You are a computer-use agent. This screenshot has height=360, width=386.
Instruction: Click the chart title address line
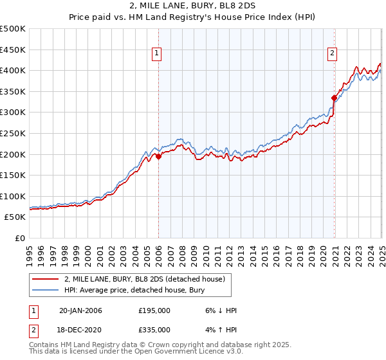click(192, 7)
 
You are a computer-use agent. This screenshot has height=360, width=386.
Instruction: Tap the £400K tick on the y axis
click(14, 70)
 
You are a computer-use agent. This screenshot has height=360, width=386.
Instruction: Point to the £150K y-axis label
click(14, 175)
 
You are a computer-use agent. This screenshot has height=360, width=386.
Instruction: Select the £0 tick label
click(20, 238)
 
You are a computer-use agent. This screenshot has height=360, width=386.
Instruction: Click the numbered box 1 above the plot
click(158, 54)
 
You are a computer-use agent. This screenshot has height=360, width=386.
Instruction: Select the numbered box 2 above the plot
click(333, 54)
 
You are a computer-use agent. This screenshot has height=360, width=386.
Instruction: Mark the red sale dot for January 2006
click(159, 156)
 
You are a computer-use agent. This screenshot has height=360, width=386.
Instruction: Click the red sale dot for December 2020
click(334, 98)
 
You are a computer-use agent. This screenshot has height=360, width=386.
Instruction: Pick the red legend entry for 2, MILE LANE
click(145, 279)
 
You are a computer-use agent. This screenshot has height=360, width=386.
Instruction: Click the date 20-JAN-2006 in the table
click(80, 310)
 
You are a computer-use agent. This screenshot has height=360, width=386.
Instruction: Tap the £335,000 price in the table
click(154, 329)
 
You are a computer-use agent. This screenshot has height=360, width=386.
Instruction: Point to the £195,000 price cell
click(154, 310)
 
